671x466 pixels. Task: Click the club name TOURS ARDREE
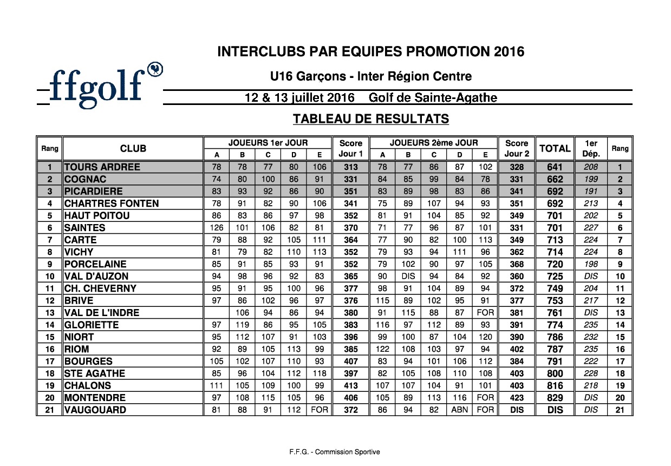point(102,167)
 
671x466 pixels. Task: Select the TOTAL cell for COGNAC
point(555,179)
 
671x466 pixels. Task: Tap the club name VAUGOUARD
point(95,410)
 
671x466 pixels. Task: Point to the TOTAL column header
point(555,148)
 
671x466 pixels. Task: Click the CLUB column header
point(133,148)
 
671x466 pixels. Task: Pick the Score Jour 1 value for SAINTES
point(350,228)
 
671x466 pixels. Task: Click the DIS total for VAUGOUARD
point(555,410)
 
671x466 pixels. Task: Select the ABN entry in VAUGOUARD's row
point(460,410)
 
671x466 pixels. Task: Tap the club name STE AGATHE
point(94,373)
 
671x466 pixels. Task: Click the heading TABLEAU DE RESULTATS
point(371,119)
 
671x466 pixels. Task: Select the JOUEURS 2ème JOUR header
point(434,143)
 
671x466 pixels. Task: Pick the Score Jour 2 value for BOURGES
point(516,361)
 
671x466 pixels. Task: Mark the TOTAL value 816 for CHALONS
point(555,385)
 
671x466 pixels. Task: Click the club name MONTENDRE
point(95,398)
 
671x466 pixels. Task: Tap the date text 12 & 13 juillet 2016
point(299,98)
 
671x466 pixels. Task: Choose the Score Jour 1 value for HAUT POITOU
point(350,215)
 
